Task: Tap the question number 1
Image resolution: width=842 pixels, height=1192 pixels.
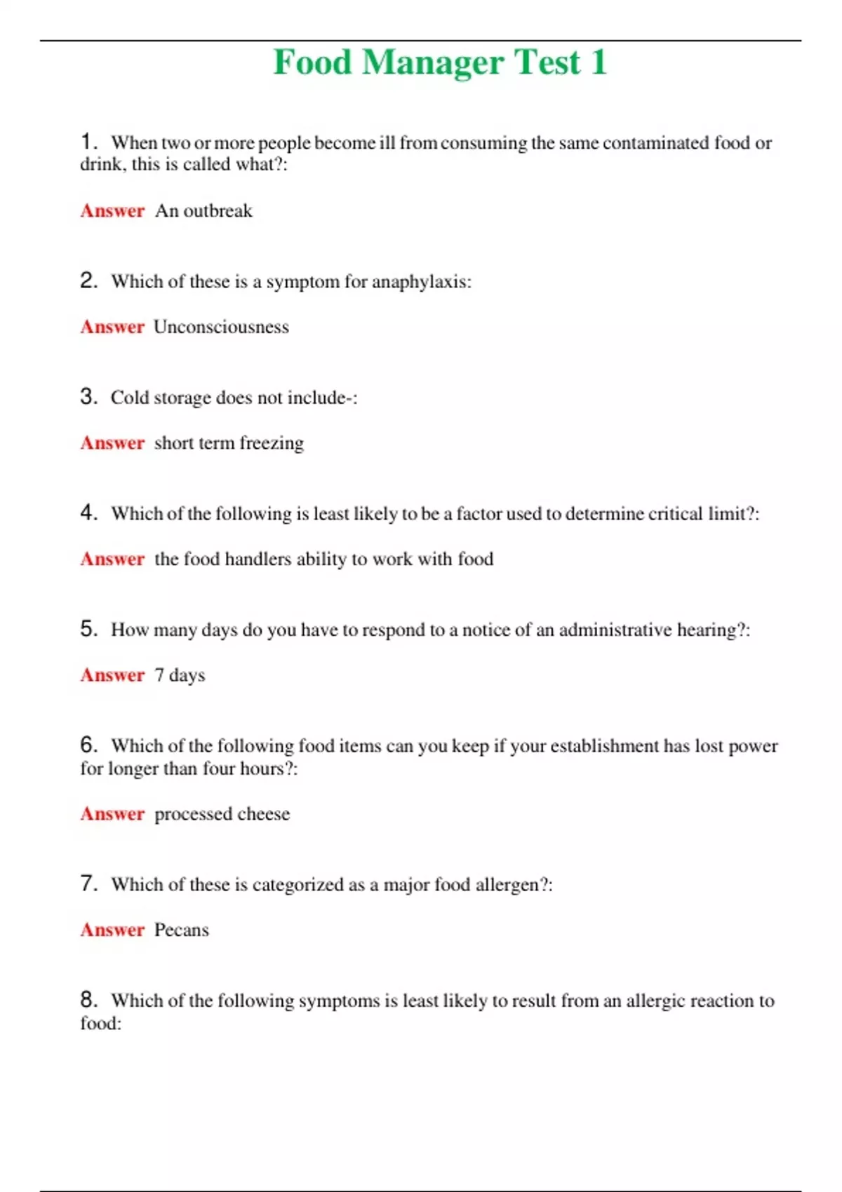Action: (x=87, y=142)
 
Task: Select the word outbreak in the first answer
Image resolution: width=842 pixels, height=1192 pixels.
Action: (x=218, y=211)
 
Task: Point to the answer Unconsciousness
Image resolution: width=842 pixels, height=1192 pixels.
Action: (x=221, y=327)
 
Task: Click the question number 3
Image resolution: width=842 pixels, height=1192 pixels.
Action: (x=88, y=397)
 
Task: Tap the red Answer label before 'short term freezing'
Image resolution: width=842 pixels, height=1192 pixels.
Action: (x=112, y=443)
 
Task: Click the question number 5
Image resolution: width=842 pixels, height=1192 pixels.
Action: (x=88, y=629)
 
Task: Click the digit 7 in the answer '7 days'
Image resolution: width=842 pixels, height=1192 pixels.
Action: (x=159, y=675)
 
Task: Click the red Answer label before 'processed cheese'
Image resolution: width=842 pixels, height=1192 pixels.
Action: (x=112, y=814)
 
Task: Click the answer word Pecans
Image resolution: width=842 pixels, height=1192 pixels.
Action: (x=182, y=930)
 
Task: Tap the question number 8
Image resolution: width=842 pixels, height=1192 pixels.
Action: (x=88, y=1000)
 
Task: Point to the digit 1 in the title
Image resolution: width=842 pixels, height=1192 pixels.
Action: (x=598, y=63)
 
